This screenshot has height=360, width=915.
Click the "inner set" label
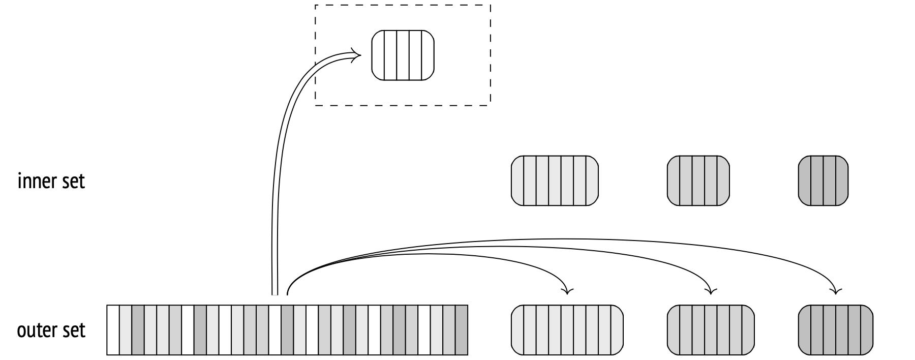click(51, 181)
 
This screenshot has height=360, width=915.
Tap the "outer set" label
click(51, 331)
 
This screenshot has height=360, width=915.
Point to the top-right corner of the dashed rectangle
click(490, 6)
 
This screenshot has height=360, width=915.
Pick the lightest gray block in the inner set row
click(555, 181)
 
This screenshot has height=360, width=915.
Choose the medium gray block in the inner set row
click(698, 181)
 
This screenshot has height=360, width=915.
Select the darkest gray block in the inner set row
click(823, 181)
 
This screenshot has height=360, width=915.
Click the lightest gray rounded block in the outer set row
click(567, 329)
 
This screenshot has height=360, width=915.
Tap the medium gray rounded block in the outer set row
click(710, 329)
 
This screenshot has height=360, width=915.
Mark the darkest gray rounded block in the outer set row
click(835, 329)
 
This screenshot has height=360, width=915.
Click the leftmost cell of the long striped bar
click(113, 329)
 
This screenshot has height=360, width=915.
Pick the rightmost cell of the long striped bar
click(461, 329)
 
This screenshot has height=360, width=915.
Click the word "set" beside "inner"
click(74, 181)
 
